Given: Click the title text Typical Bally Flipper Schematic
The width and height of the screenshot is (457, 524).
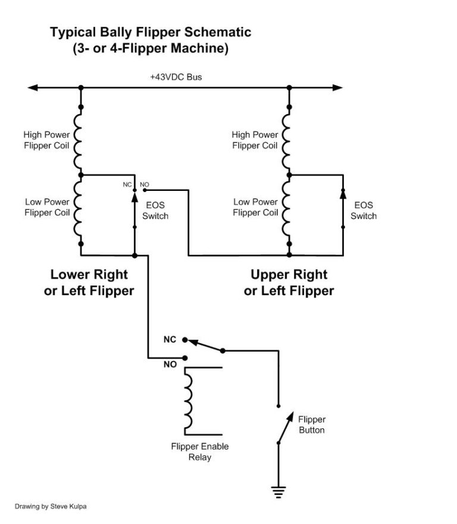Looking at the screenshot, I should click(150, 32).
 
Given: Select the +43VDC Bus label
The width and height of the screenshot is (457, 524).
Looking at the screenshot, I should click(177, 77).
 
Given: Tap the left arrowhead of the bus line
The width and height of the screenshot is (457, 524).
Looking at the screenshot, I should click(33, 88).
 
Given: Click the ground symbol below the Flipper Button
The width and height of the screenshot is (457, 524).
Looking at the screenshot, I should click(278, 491).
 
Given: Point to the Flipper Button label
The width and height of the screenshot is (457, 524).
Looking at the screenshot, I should click(312, 425).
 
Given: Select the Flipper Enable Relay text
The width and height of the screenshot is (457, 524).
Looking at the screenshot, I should click(199, 452).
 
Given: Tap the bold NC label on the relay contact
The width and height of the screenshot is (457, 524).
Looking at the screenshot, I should click(170, 340).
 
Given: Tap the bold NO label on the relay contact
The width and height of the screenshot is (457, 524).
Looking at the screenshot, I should click(170, 365).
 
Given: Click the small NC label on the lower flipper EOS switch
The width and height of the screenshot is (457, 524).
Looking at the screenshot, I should click(127, 184).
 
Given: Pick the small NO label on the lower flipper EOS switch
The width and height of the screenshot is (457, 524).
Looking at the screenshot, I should click(144, 184).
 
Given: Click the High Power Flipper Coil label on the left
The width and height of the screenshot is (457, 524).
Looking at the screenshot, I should click(46, 140).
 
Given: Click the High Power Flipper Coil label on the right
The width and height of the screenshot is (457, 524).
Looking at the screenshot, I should click(255, 140).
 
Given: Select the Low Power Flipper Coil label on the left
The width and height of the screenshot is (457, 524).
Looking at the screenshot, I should click(47, 207).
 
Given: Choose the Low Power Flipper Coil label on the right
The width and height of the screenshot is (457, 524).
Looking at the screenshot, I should click(255, 207).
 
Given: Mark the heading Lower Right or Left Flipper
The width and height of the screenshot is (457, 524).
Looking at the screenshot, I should click(89, 283).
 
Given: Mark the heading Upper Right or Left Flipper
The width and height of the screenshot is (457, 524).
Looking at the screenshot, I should click(289, 283).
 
